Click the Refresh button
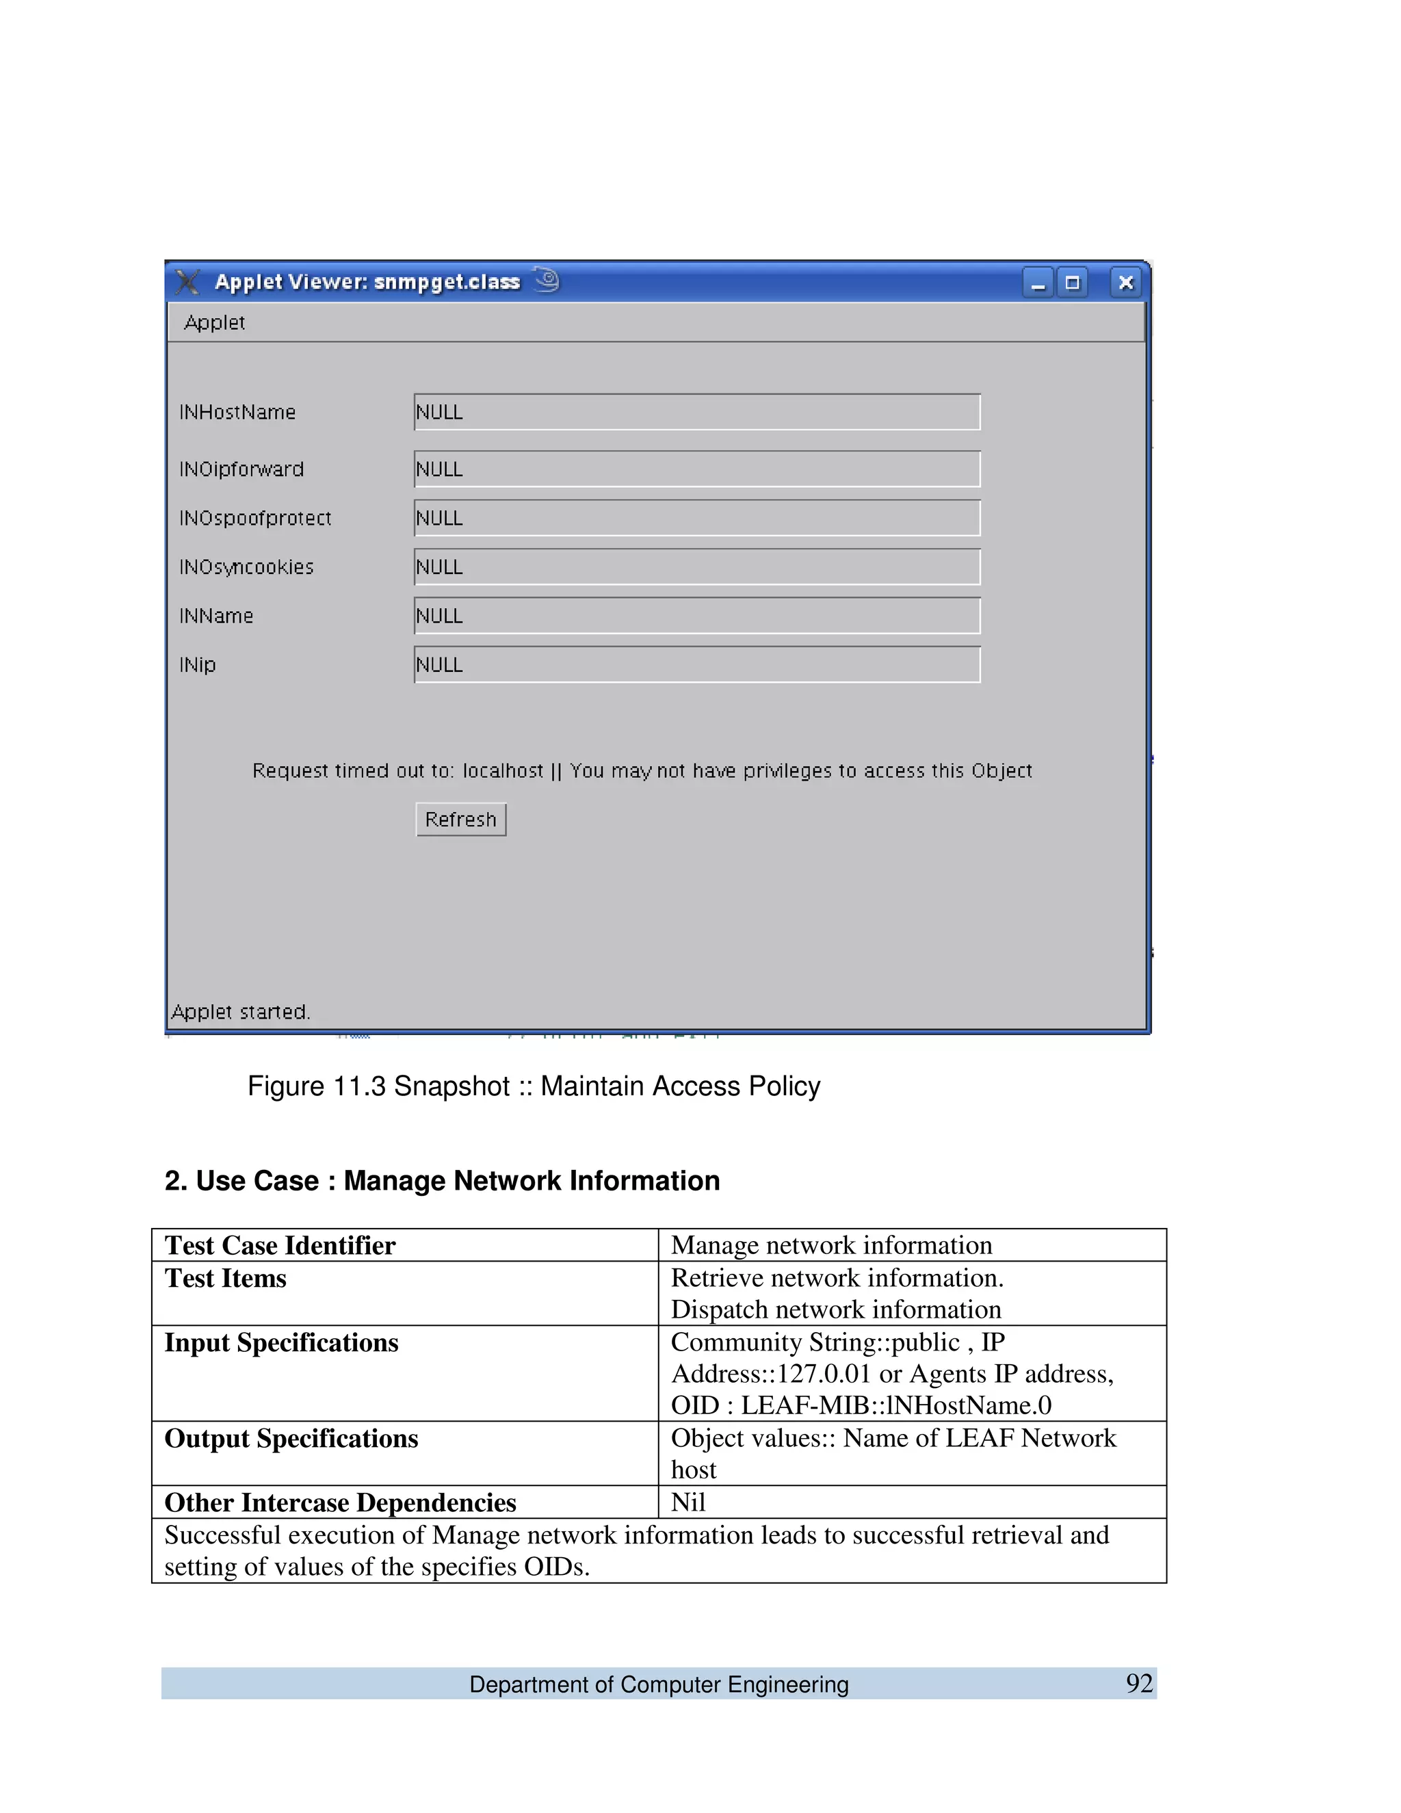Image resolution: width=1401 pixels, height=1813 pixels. pos(460,820)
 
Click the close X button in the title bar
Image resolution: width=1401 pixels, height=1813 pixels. pos(1125,283)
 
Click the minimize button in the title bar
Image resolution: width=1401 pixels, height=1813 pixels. pos(1038,283)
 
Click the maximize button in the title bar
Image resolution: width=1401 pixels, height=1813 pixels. pos(1073,283)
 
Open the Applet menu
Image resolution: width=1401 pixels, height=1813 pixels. pos(214,323)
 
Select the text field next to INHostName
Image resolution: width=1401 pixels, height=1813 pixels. pos(697,413)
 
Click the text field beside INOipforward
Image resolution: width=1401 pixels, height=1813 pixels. pos(697,469)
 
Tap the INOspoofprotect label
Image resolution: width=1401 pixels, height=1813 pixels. pos(254,519)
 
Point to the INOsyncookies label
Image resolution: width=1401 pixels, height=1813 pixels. pos(246,567)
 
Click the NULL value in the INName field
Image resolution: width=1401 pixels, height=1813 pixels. pos(439,616)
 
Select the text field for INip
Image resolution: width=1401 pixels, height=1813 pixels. pos(697,665)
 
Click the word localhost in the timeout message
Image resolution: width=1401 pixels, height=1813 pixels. pos(502,771)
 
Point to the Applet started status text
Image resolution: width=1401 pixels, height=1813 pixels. pos(241,1012)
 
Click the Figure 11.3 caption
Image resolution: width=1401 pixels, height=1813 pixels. pos(534,1086)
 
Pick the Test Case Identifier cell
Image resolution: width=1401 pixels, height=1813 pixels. pos(280,1245)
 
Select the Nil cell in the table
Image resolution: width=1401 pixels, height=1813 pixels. pos(688,1502)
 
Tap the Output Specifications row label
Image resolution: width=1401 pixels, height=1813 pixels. pos(291,1439)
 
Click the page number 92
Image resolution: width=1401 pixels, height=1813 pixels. pos(1139,1684)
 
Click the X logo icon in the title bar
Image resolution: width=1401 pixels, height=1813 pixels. pos(188,283)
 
